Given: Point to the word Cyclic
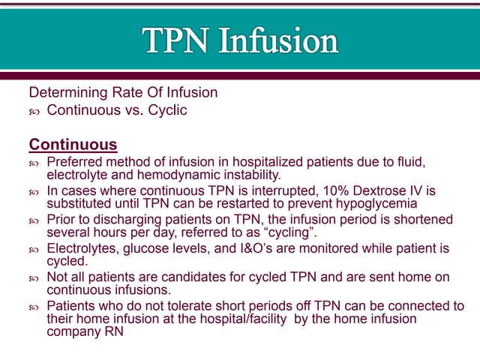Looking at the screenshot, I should (166, 110).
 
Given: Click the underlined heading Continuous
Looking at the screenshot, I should (73, 144).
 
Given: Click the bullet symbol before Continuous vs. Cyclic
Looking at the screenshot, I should (34, 111).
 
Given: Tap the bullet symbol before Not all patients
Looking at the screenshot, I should (34, 278).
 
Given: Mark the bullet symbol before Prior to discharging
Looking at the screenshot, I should (34, 220).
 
